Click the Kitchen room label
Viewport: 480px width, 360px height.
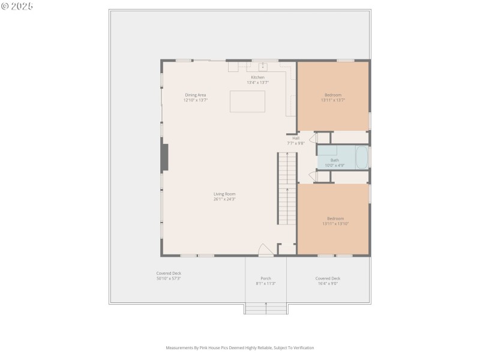pyautogui.click(x=257, y=77)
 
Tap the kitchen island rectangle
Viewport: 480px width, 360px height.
pyautogui.click(x=247, y=101)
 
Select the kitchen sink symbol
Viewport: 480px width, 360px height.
pyautogui.click(x=262, y=66)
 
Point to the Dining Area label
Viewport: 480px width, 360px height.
pyautogui.click(x=196, y=95)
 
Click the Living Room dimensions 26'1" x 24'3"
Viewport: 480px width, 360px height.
pyautogui.click(x=224, y=199)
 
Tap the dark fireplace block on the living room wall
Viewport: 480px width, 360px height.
pyautogui.click(x=163, y=157)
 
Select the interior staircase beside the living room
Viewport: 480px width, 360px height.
pyautogui.click(x=287, y=188)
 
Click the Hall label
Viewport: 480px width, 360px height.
pyautogui.click(x=296, y=138)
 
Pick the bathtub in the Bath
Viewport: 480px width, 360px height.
pyautogui.click(x=362, y=157)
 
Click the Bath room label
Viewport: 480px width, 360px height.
pyautogui.click(x=334, y=160)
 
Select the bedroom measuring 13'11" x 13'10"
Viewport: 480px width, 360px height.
pyautogui.click(x=335, y=220)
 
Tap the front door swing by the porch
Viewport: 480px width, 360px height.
pyautogui.click(x=265, y=250)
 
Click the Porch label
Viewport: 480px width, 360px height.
pyautogui.click(x=266, y=278)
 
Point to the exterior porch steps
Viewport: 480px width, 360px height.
pyautogui.click(x=266, y=308)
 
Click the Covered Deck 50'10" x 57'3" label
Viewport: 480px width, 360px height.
pyautogui.click(x=169, y=275)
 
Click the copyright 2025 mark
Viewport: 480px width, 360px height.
pyautogui.click(x=17, y=6)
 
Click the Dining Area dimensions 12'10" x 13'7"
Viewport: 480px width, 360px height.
pyautogui.click(x=196, y=100)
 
